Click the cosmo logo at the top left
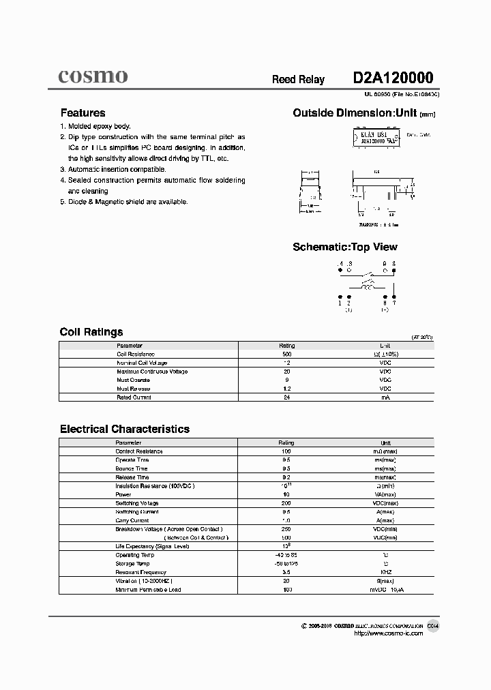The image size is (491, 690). click(x=92, y=76)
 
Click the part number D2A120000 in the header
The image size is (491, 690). click(x=393, y=78)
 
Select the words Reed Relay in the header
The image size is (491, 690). click(x=298, y=80)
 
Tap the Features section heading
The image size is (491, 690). click(x=83, y=113)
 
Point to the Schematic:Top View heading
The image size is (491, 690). click(x=344, y=247)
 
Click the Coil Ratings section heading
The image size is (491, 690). click(x=91, y=332)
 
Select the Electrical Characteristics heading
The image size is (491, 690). click(x=125, y=429)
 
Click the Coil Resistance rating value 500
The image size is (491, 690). click(x=286, y=355)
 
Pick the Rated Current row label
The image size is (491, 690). click(x=134, y=397)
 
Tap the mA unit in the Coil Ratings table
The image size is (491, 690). click(x=385, y=397)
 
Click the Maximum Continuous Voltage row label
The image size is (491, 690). click(x=152, y=372)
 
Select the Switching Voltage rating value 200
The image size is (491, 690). click(x=286, y=503)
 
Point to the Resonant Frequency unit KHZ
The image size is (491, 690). click(x=385, y=572)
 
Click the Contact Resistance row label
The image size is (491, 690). click(x=139, y=451)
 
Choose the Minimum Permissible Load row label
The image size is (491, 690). click(x=148, y=589)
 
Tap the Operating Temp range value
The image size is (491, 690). click(x=286, y=555)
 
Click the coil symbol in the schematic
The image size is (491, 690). click(x=367, y=288)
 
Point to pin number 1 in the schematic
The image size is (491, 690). click(x=340, y=303)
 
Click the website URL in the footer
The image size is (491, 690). click(x=389, y=633)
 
